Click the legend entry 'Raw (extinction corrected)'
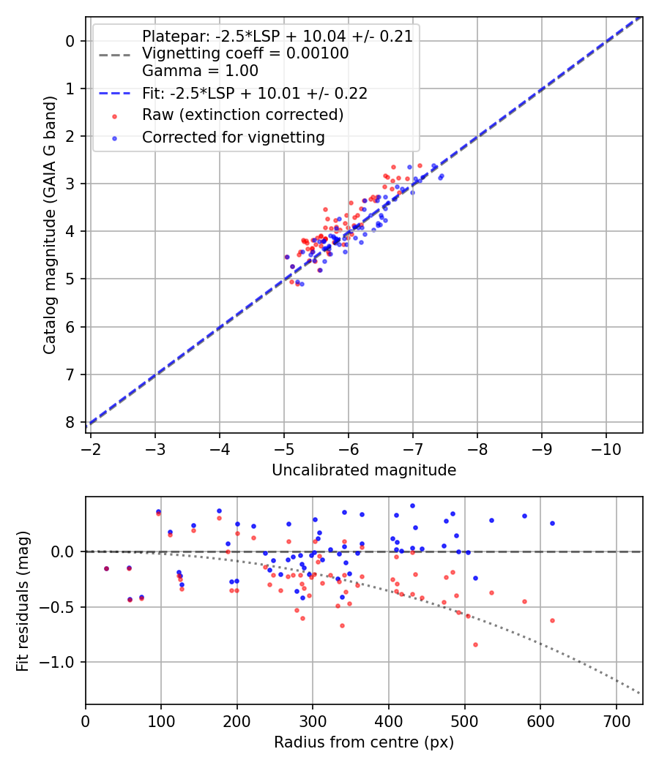click(242, 115)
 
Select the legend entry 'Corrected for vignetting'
click(233, 137)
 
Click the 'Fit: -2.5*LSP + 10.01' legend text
click(254, 94)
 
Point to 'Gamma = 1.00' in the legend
click(200, 71)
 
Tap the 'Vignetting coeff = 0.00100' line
click(245, 53)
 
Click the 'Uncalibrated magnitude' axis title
click(364, 470)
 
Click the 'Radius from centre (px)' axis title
click(364, 742)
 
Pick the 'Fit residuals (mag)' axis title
click(23, 601)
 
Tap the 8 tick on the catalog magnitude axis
click(70, 423)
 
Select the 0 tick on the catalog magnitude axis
click(70, 41)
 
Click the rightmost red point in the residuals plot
click(552, 620)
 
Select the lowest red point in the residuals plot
click(475, 644)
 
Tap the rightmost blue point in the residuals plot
click(552, 523)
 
